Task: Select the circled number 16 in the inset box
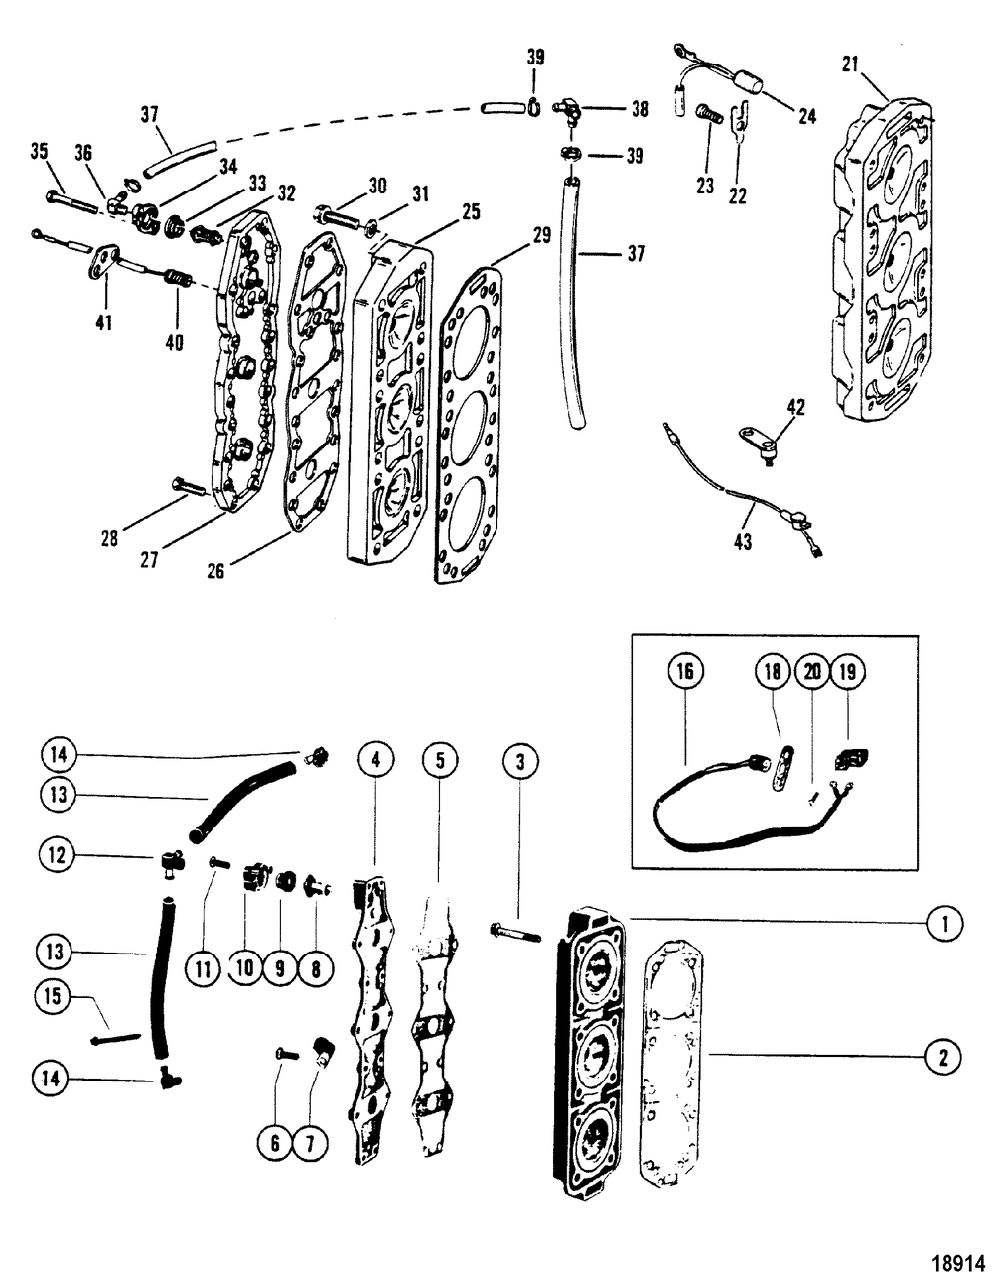coord(685,671)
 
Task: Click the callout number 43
coord(742,542)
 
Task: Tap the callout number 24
coord(807,116)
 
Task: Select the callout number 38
coord(639,109)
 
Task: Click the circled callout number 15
coord(53,996)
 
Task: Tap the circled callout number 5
coord(440,760)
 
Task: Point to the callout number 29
coord(542,235)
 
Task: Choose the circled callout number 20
coord(812,671)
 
